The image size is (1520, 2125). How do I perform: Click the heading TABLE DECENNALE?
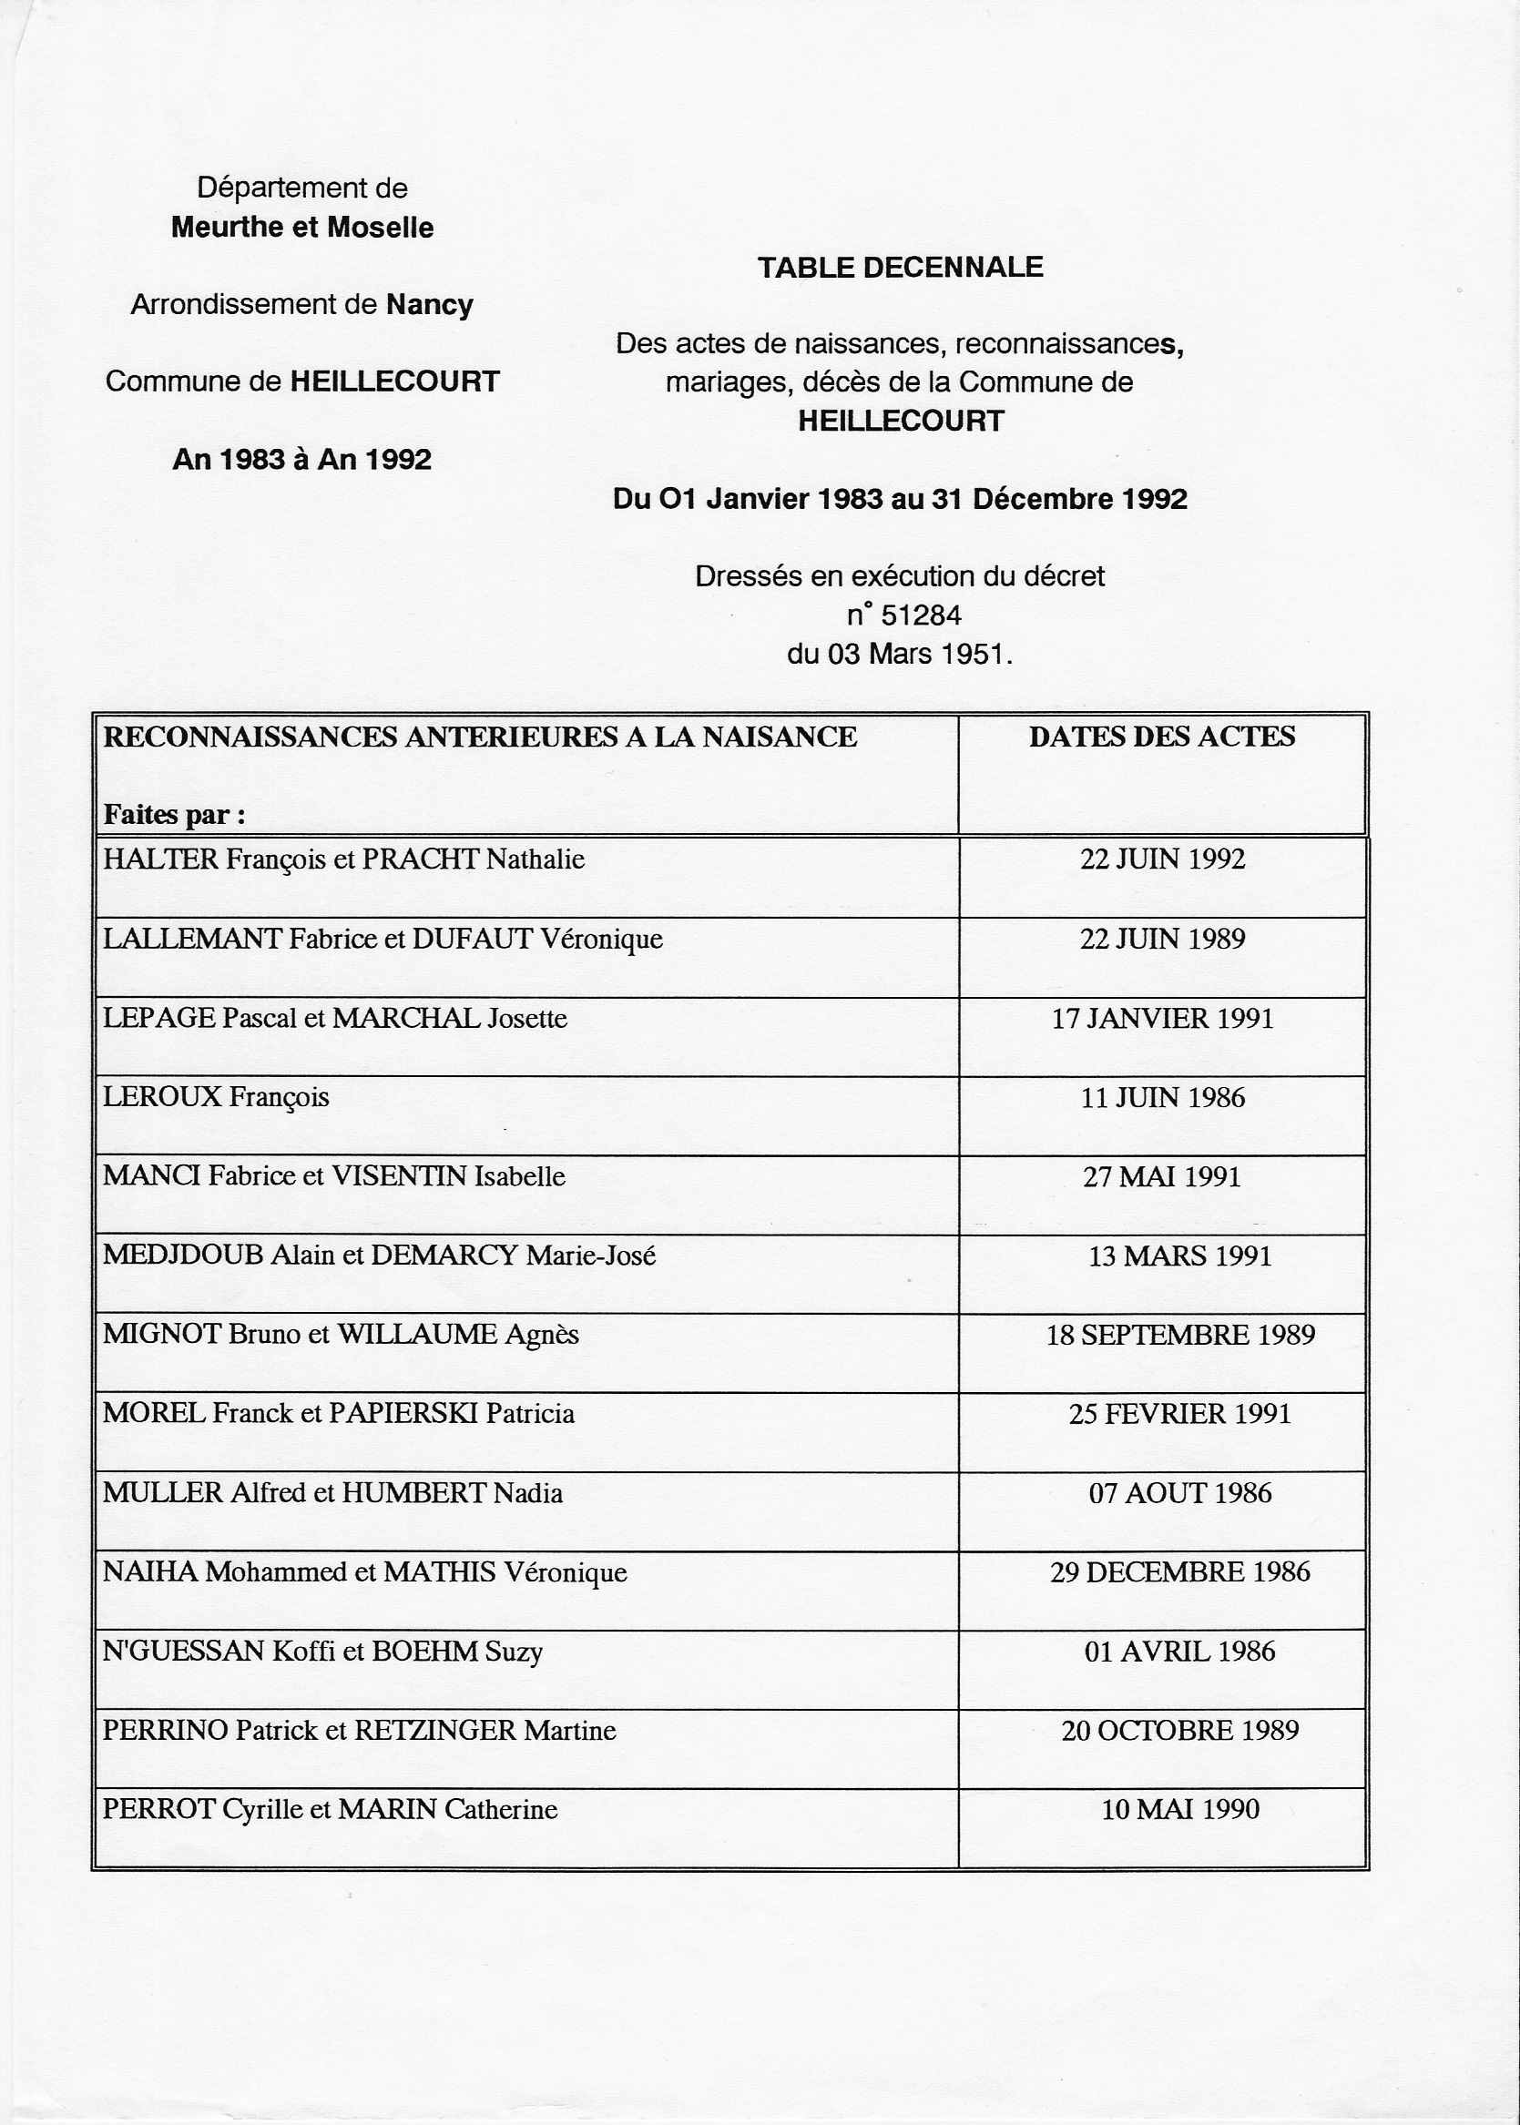[900, 268]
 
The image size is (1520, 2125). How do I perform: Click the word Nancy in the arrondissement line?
[430, 305]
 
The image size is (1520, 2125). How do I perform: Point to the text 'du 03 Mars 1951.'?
[900, 654]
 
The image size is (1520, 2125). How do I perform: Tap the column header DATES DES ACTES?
[1161, 737]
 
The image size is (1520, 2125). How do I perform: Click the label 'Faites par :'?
[174, 815]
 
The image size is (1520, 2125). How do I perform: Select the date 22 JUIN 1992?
[1162, 859]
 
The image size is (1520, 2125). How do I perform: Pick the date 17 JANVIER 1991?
[1162, 1018]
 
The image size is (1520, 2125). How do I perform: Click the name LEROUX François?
[216, 1097]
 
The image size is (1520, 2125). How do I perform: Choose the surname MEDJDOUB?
[182, 1255]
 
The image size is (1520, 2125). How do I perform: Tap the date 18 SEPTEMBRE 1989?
[1180, 1335]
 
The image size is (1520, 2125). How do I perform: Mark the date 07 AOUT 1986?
[1180, 1492]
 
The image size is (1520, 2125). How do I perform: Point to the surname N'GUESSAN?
[183, 1651]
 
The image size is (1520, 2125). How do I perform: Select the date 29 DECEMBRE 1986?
[1179, 1572]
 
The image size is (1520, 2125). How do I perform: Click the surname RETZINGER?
[435, 1730]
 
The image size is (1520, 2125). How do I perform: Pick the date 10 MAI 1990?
[1180, 1809]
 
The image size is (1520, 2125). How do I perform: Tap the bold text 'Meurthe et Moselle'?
[302, 228]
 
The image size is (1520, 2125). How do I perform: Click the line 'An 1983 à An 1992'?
[302, 460]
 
